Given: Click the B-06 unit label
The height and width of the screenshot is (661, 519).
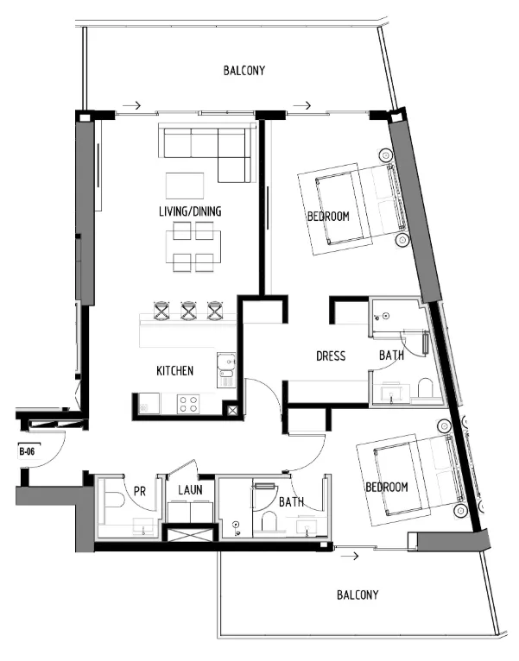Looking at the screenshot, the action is (x=27, y=452).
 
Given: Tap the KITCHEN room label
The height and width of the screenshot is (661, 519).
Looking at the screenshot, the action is (x=174, y=371).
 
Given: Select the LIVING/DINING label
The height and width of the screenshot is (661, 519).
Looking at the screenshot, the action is (x=190, y=211).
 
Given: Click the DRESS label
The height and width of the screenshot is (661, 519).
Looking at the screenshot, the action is (x=331, y=356).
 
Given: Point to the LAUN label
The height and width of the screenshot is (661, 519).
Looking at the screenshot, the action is (x=190, y=490).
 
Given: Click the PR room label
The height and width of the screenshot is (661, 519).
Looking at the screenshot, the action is (x=140, y=492).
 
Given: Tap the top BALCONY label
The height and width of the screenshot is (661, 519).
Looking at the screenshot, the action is (x=244, y=71).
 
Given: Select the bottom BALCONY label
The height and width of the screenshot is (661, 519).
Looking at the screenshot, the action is (x=358, y=595).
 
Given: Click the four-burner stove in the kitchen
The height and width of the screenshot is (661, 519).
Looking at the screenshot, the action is (x=188, y=404).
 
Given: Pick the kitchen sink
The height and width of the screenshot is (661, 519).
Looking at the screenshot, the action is (x=226, y=369).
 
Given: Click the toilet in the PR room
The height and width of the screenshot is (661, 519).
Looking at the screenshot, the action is (x=112, y=500).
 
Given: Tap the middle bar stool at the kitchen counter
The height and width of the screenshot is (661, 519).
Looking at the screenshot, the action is (x=188, y=311).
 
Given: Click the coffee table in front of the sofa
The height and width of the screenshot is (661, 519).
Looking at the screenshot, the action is (x=185, y=186).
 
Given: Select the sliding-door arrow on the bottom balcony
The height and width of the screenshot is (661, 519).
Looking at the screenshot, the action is (x=350, y=556).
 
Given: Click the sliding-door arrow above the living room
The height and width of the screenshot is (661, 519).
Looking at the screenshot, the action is (x=132, y=105).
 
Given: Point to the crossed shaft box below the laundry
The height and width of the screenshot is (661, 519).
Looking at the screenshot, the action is (x=191, y=533).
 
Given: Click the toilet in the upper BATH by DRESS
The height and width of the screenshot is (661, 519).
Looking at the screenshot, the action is (x=426, y=387).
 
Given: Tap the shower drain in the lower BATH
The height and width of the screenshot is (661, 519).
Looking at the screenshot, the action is (x=236, y=525).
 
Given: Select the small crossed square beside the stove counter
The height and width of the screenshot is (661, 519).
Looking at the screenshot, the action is (x=232, y=411).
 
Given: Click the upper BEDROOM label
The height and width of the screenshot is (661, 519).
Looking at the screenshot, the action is (x=328, y=217).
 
